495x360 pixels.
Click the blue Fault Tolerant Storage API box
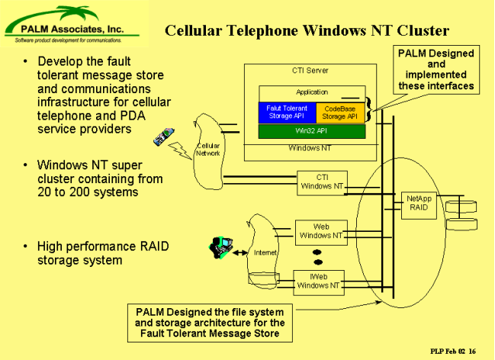(x=288, y=112)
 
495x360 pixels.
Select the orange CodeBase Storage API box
(x=340, y=112)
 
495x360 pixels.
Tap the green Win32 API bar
(x=312, y=131)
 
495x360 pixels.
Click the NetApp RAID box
(x=419, y=205)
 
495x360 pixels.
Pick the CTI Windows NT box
(x=322, y=183)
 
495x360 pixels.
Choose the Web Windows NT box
(x=321, y=233)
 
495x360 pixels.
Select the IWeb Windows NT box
(x=319, y=283)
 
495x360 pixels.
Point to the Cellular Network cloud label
(x=208, y=149)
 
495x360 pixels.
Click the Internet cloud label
(x=265, y=252)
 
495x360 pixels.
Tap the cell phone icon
(x=164, y=137)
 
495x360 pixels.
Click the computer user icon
(x=221, y=247)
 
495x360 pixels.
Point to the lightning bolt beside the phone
(x=180, y=150)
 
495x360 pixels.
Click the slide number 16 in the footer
(x=472, y=351)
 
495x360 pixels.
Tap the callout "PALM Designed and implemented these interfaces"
(x=436, y=69)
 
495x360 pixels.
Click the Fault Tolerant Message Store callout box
(x=210, y=323)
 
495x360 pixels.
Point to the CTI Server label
(x=310, y=70)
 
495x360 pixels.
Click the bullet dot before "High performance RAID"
(x=25, y=246)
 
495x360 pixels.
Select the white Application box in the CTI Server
(x=312, y=94)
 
